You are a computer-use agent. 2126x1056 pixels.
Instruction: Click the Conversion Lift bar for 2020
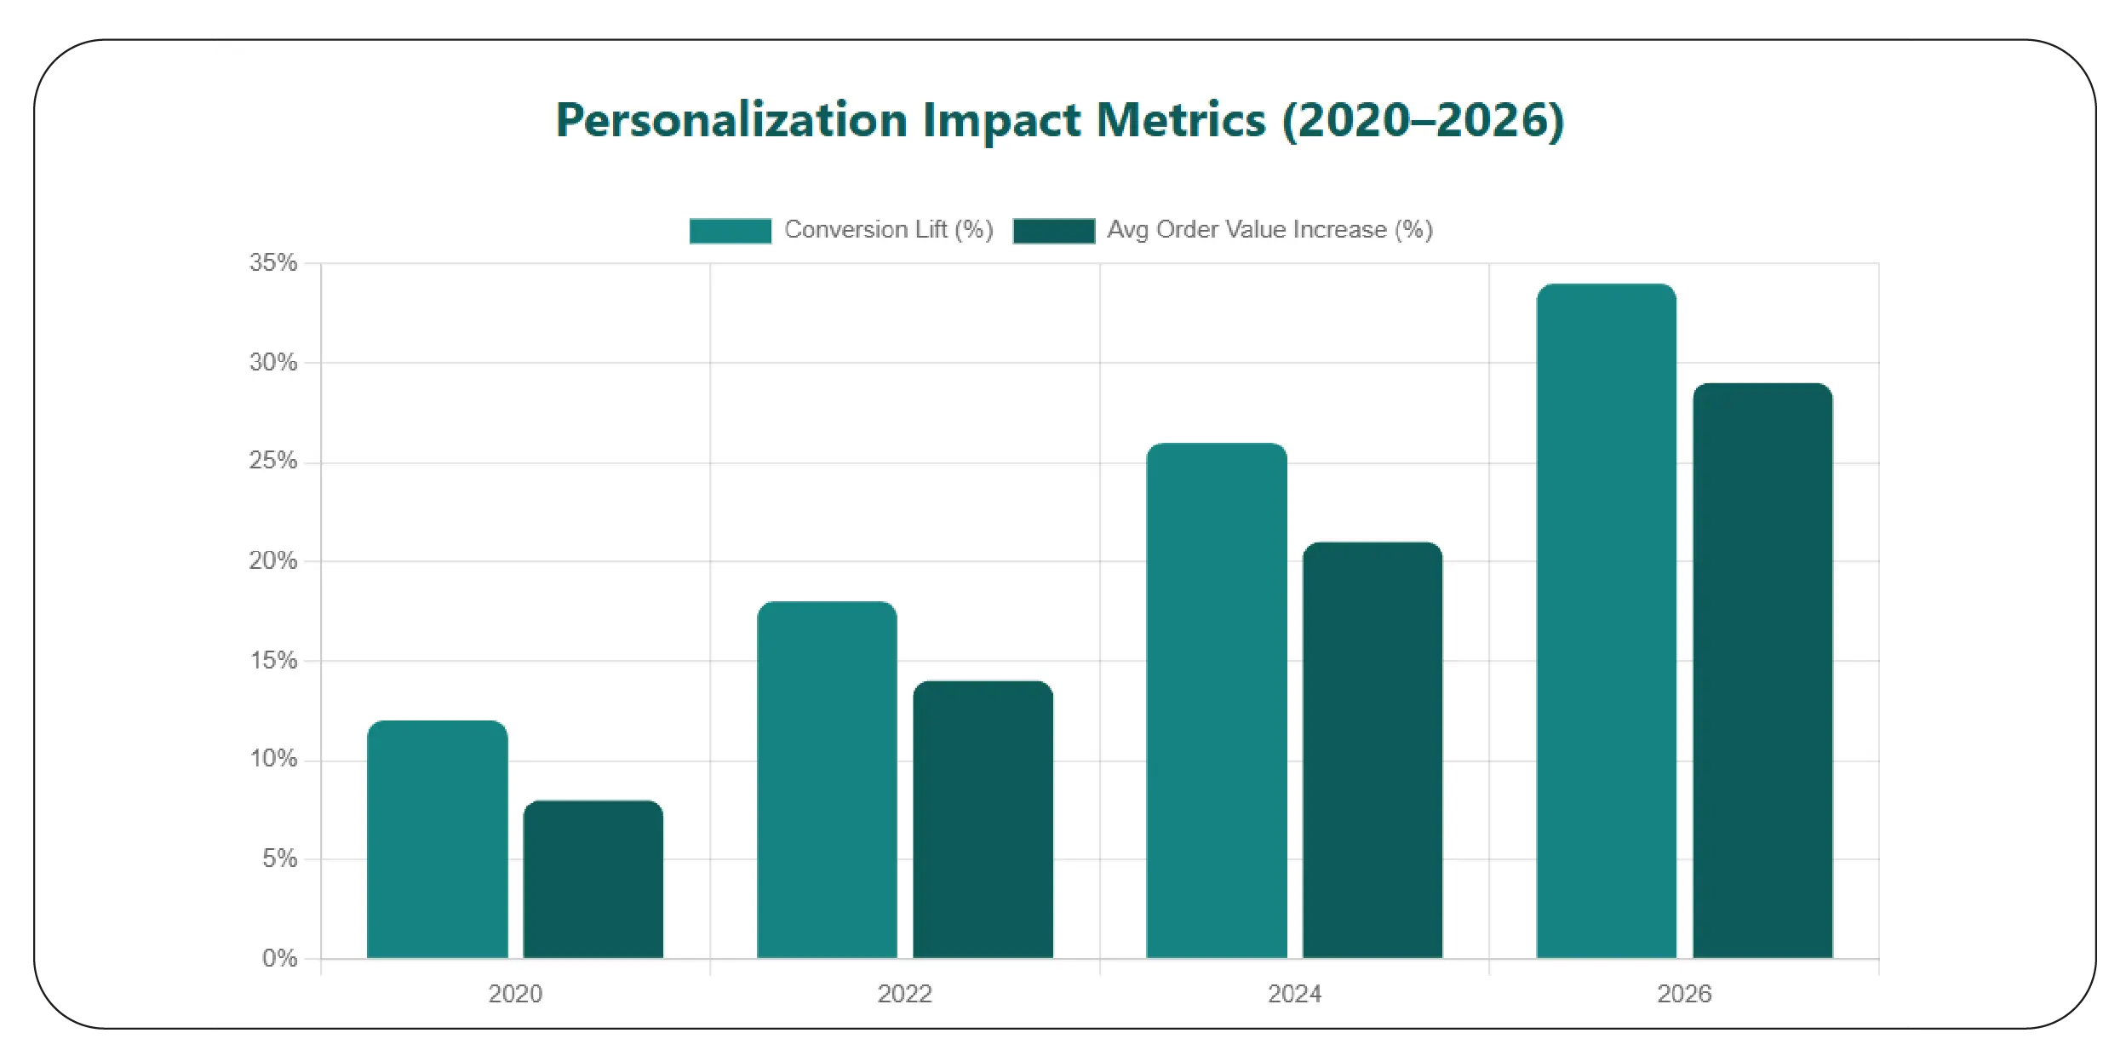pyautogui.click(x=437, y=839)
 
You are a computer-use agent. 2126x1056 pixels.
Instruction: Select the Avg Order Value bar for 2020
pyautogui.click(x=593, y=879)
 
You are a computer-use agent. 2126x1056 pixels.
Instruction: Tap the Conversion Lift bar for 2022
pyautogui.click(x=827, y=779)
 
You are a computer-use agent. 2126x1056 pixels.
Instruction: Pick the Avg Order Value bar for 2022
pyautogui.click(x=983, y=819)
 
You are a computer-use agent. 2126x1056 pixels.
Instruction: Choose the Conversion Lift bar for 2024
pyautogui.click(x=1217, y=700)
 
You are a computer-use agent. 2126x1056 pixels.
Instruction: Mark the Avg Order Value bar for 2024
pyautogui.click(x=1372, y=749)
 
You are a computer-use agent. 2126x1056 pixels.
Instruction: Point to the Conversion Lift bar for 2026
pyautogui.click(x=1606, y=621)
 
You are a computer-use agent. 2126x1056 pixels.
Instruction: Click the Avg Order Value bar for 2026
pyautogui.click(x=1762, y=670)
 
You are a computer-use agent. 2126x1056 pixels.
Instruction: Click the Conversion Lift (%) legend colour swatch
pyautogui.click(x=730, y=231)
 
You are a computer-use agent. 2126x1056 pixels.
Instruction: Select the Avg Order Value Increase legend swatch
pyautogui.click(x=1053, y=231)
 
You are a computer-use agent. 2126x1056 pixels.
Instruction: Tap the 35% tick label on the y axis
pyautogui.click(x=273, y=262)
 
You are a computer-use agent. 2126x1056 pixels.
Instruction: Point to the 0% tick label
pyautogui.click(x=279, y=958)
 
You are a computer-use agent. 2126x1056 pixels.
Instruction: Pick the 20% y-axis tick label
pyautogui.click(x=273, y=560)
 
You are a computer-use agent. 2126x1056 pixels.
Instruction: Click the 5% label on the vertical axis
pyautogui.click(x=279, y=858)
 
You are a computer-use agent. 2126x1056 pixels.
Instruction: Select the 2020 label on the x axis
pyautogui.click(x=515, y=994)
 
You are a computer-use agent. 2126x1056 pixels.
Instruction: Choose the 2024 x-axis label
pyautogui.click(x=1294, y=994)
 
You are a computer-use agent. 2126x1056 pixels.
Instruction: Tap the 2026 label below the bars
pyautogui.click(x=1684, y=994)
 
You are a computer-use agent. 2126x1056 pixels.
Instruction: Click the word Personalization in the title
pyautogui.click(x=732, y=120)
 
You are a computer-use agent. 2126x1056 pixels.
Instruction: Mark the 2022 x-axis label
pyautogui.click(x=904, y=994)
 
